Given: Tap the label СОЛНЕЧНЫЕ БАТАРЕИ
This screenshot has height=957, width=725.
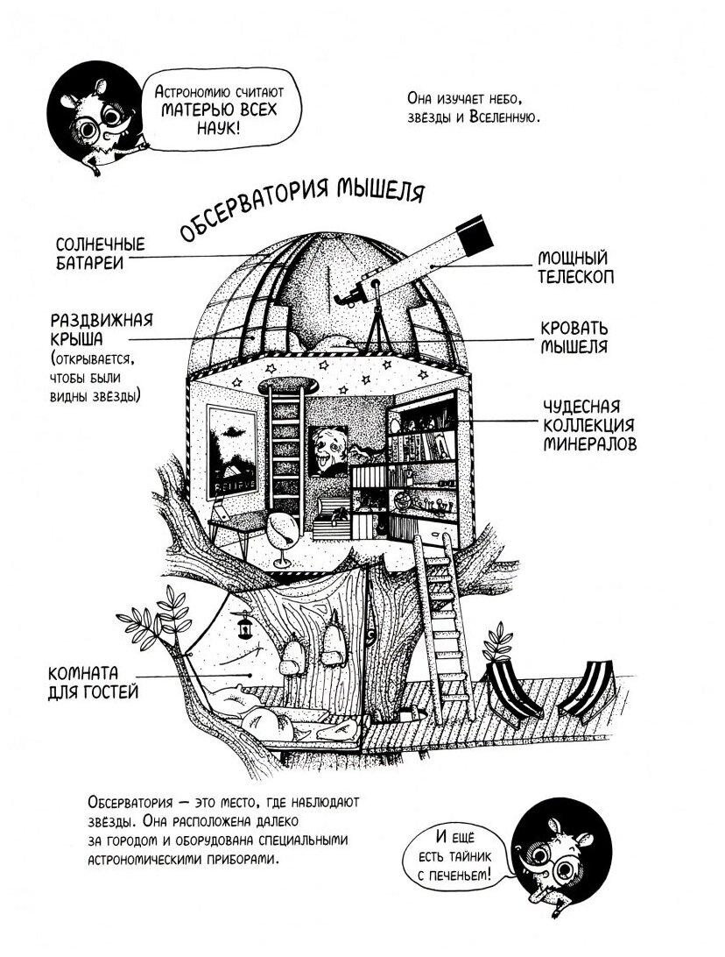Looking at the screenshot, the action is pyautogui.click(x=100, y=253).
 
